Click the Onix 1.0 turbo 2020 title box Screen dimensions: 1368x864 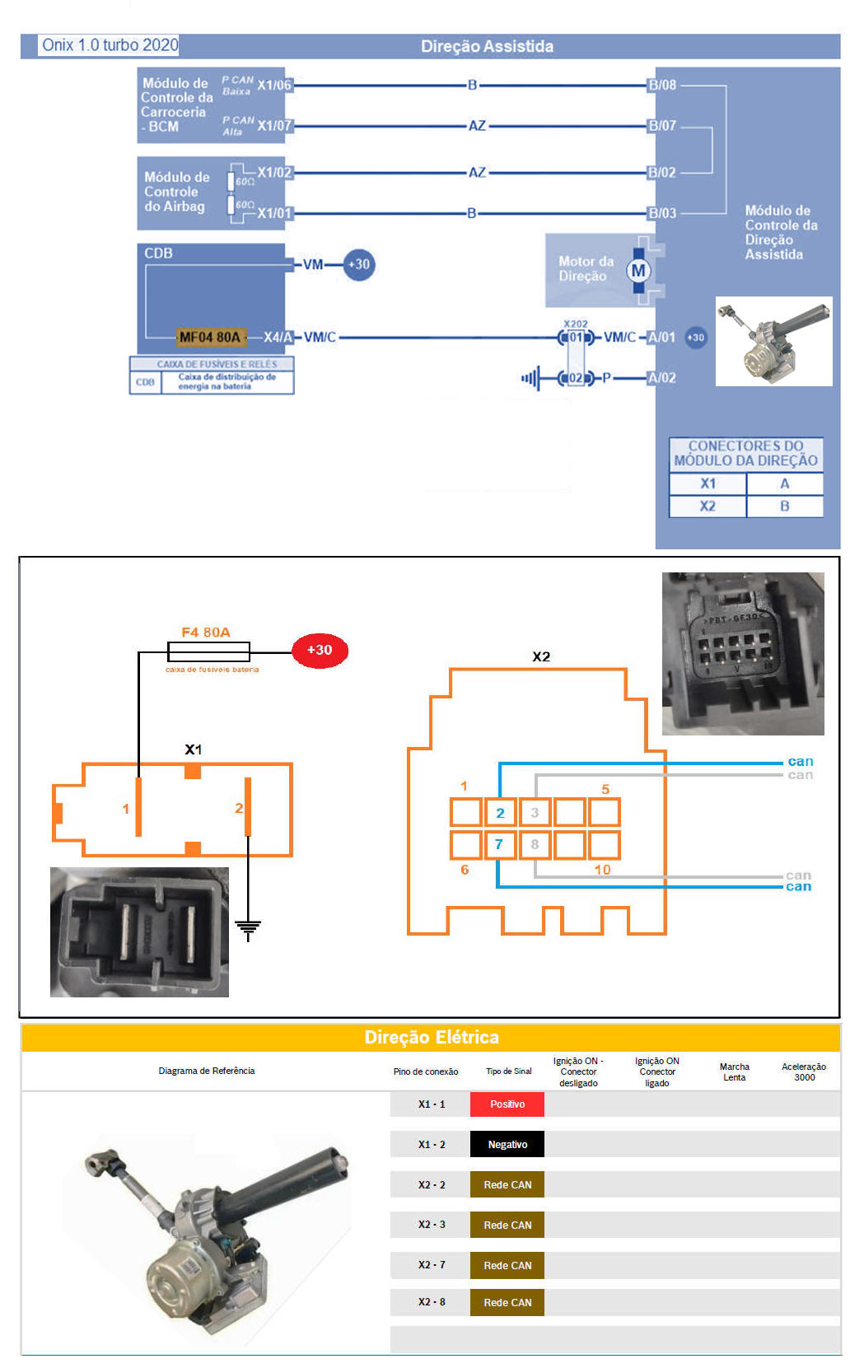click(110, 45)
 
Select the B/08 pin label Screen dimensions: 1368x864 click(662, 85)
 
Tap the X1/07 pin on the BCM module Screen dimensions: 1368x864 click(274, 126)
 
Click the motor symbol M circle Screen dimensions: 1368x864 click(638, 271)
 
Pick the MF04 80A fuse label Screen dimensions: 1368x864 click(210, 337)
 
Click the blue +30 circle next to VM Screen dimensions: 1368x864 click(359, 264)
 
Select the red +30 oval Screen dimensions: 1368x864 click(320, 651)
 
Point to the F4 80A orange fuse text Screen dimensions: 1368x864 click(205, 633)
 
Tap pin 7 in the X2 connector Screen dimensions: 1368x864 click(500, 845)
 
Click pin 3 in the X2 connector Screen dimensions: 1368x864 click(535, 813)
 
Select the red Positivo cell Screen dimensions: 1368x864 click(507, 1104)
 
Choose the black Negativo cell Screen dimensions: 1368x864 click(507, 1145)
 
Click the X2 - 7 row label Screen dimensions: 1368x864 click(432, 1265)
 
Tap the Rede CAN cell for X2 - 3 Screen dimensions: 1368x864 click(507, 1226)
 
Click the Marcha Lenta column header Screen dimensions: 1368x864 click(734, 1072)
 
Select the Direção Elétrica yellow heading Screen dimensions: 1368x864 click(432, 1038)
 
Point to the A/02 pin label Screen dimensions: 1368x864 click(661, 378)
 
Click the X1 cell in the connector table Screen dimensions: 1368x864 click(708, 484)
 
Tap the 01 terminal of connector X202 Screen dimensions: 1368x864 click(575, 337)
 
